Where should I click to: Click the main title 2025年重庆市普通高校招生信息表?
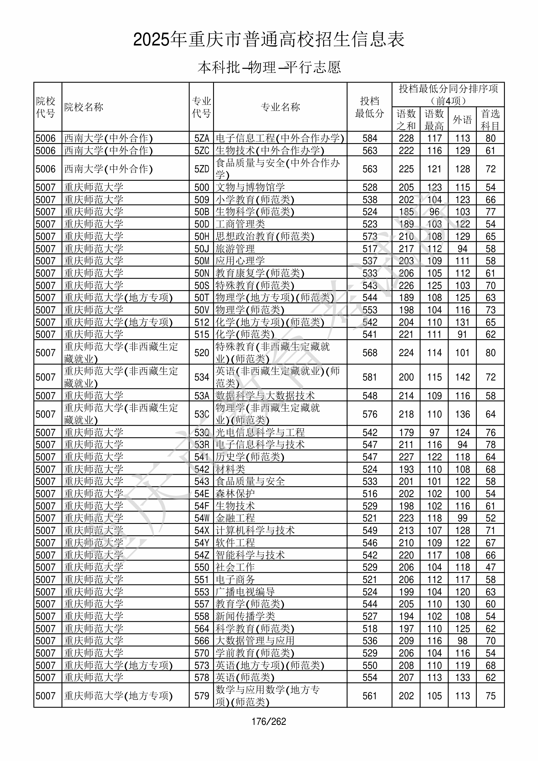pyautogui.click(x=269, y=40)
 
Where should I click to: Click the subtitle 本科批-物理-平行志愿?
pyautogui.click(x=269, y=67)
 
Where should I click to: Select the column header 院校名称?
pyautogui.click(x=84, y=107)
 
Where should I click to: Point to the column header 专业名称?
pyautogui.click(x=280, y=107)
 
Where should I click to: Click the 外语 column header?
pyautogui.click(x=462, y=120)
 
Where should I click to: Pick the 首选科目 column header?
pyautogui.click(x=490, y=120)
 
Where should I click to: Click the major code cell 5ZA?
pyautogui.click(x=202, y=138)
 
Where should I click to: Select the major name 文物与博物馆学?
pyautogui.click(x=250, y=187)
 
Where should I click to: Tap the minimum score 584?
pyautogui.click(x=370, y=138)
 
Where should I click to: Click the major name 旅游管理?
pyautogui.click(x=235, y=249)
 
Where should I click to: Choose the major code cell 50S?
pyautogui.click(x=202, y=285)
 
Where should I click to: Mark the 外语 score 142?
pyautogui.click(x=462, y=377)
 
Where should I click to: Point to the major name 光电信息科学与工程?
pyautogui.click(x=260, y=433)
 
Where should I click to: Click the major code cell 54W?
pyautogui.click(x=202, y=518)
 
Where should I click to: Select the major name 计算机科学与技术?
pyautogui.click(x=255, y=530)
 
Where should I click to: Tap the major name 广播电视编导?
pyautogui.click(x=245, y=592)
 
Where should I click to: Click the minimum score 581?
pyautogui.click(x=370, y=377)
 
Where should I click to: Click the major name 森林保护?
pyautogui.click(x=235, y=494)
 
